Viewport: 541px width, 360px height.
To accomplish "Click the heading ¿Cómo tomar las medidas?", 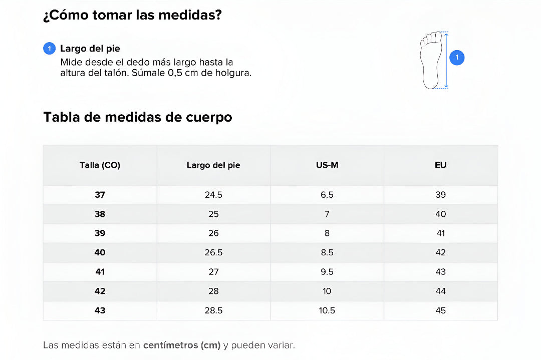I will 132,16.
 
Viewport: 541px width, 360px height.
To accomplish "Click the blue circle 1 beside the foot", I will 457,58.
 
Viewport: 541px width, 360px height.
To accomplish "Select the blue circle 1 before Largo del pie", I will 49,49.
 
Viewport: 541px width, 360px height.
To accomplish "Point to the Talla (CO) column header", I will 100,165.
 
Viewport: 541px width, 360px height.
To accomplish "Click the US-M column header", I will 327,165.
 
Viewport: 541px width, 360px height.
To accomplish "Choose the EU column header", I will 440,165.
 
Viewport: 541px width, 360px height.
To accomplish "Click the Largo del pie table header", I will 213,165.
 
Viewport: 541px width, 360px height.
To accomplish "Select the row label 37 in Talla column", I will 100,195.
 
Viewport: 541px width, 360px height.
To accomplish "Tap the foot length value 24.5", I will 213,195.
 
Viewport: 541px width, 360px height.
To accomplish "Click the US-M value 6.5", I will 327,195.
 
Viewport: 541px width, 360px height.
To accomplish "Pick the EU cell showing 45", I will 440,310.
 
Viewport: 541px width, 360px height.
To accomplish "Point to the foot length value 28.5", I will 213,310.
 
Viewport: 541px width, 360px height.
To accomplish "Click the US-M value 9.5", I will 327,272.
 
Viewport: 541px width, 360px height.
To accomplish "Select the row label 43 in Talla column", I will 100,310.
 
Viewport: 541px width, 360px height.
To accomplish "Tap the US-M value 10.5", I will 327,310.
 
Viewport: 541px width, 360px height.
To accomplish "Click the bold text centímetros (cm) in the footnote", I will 181,345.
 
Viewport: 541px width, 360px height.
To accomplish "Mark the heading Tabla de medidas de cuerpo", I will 138,117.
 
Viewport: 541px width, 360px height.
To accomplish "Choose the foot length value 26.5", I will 213,253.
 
